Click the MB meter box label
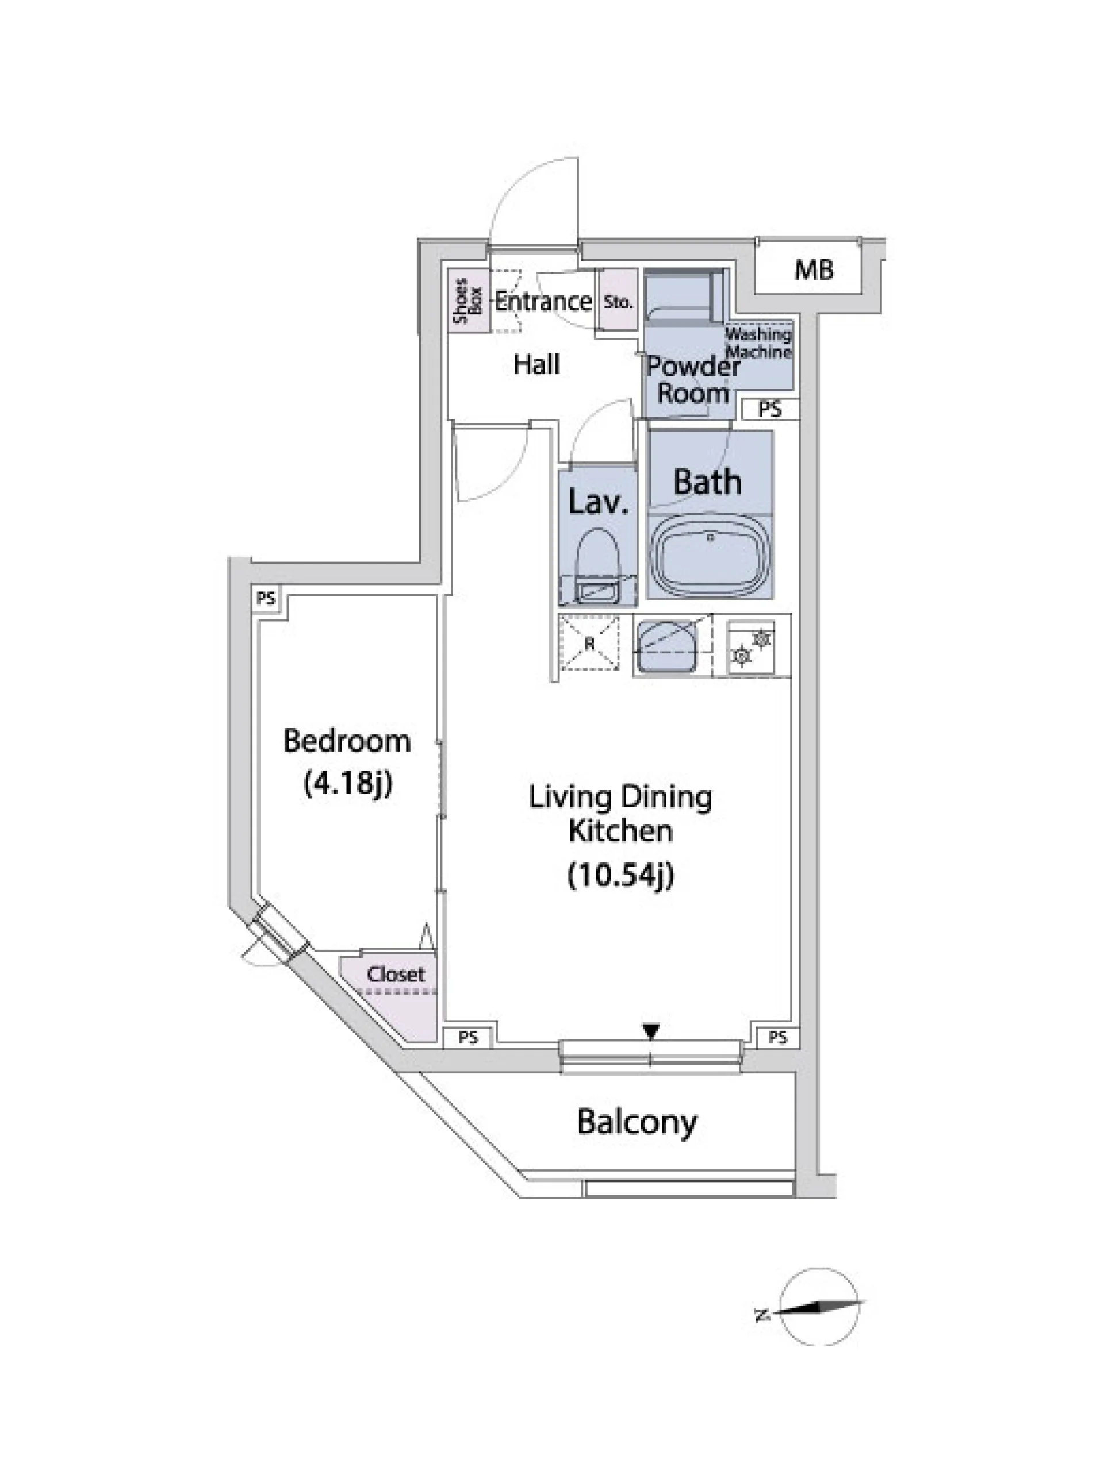pos(813,270)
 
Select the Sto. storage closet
pos(618,300)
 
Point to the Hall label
pos(536,364)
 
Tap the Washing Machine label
pos(758,342)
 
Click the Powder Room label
pos(693,380)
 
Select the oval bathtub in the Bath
pos(711,557)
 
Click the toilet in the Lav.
pos(597,566)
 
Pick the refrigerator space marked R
pos(589,644)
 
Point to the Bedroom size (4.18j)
pos(347,783)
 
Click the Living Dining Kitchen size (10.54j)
pos(620,875)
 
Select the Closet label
pos(395,974)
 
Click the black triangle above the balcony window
pos(651,1031)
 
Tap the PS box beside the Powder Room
pos(770,409)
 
